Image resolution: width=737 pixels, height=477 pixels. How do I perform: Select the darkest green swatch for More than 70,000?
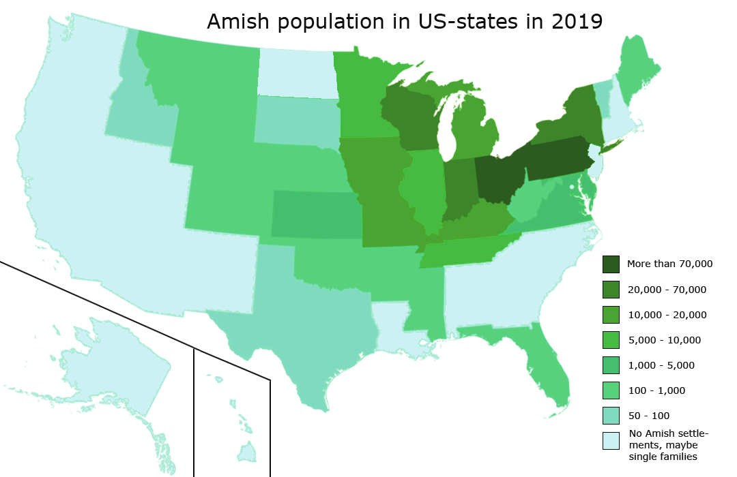pyautogui.click(x=611, y=264)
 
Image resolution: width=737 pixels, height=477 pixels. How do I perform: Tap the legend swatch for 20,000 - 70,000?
pyautogui.click(x=611, y=289)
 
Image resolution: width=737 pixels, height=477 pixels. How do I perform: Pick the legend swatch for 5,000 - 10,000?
pyautogui.click(x=611, y=339)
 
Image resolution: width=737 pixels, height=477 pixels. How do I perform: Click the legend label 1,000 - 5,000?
pyautogui.click(x=661, y=365)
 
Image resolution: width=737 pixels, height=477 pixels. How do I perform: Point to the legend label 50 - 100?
pyautogui.click(x=648, y=416)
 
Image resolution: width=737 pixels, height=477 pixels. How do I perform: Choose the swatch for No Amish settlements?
pyautogui.click(x=611, y=441)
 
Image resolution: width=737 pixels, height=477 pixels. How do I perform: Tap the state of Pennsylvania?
pyautogui.click(x=556, y=158)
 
